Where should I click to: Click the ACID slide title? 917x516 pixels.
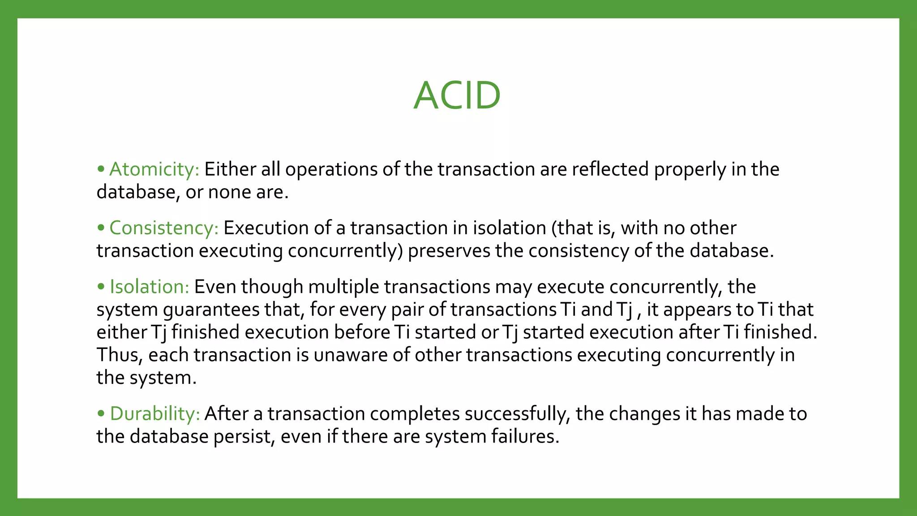tap(457, 95)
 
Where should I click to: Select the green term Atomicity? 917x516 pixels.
tap(154, 169)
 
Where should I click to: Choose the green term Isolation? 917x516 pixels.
tap(150, 287)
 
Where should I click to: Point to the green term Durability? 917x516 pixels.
tap(155, 413)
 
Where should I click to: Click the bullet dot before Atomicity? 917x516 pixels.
tap(101, 169)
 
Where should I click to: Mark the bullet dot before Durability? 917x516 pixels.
tap(101, 413)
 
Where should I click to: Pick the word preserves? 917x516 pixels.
tap(449, 251)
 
